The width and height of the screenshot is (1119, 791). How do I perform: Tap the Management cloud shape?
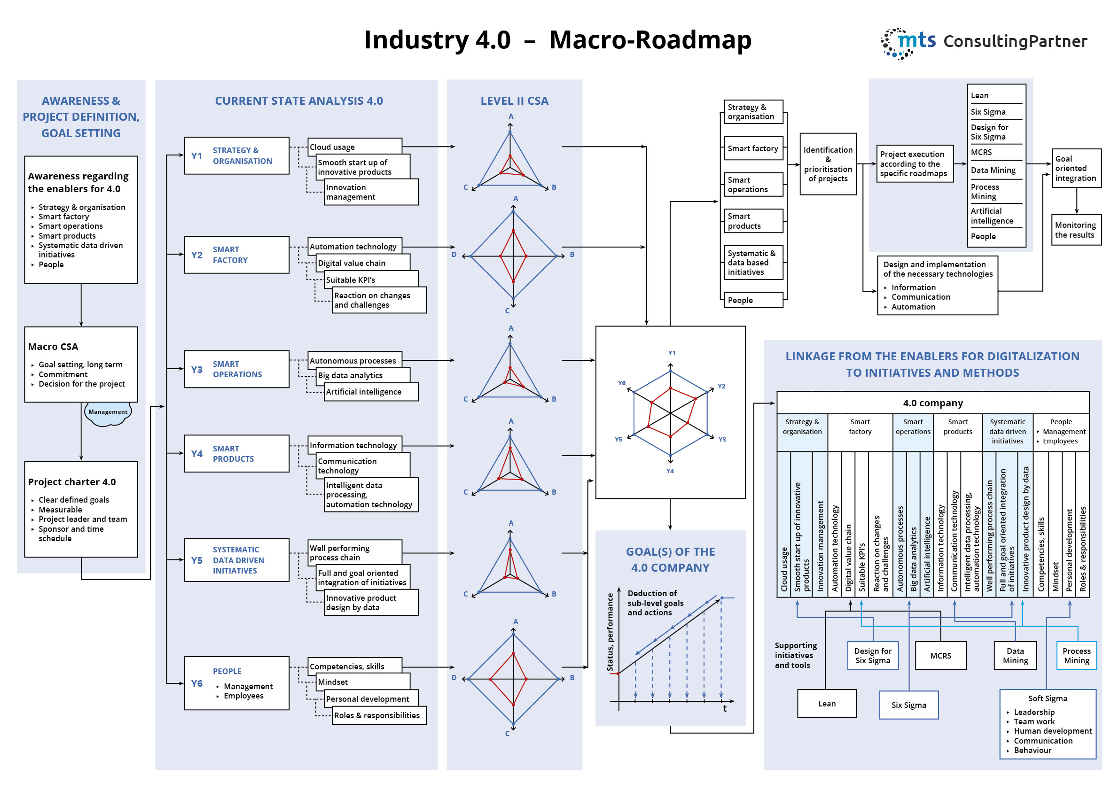(x=108, y=413)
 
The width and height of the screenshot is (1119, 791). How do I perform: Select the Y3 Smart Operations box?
(x=236, y=369)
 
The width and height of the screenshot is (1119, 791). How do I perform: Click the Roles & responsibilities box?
(x=379, y=715)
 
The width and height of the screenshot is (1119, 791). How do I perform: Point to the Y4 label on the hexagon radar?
(x=670, y=471)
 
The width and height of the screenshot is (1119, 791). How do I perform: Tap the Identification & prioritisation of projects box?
(x=828, y=164)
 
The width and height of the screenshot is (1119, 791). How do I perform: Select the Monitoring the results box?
(x=1076, y=230)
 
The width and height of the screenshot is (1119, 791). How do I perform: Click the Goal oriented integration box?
(x=1076, y=169)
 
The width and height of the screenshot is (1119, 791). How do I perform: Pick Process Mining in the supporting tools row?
(x=1076, y=656)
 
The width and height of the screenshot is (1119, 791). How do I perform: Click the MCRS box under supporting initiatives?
(x=940, y=656)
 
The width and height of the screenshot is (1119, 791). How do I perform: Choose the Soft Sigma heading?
(x=1048, y=698)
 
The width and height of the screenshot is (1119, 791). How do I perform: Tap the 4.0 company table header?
(x=932, y=403)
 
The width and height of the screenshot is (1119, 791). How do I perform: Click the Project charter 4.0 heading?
(x=71, y=482)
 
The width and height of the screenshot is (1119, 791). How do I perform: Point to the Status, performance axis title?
(x=610, y=632)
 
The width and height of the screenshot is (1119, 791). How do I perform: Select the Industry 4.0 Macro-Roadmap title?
(x=557, y=40)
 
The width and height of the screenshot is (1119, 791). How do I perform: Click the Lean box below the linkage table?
(x=827, y=703)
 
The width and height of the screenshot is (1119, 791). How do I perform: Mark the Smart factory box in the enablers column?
(x=752, y=148)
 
